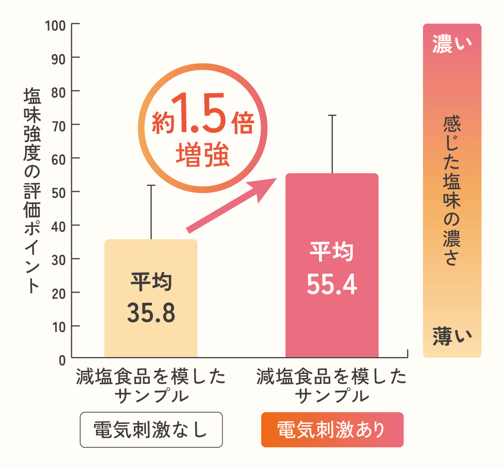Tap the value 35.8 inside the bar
151,313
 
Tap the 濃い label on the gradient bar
452,45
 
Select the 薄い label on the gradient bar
452,336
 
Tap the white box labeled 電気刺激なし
151,430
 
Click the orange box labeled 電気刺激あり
332,430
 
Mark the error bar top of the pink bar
332,116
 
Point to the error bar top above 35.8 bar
151,185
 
